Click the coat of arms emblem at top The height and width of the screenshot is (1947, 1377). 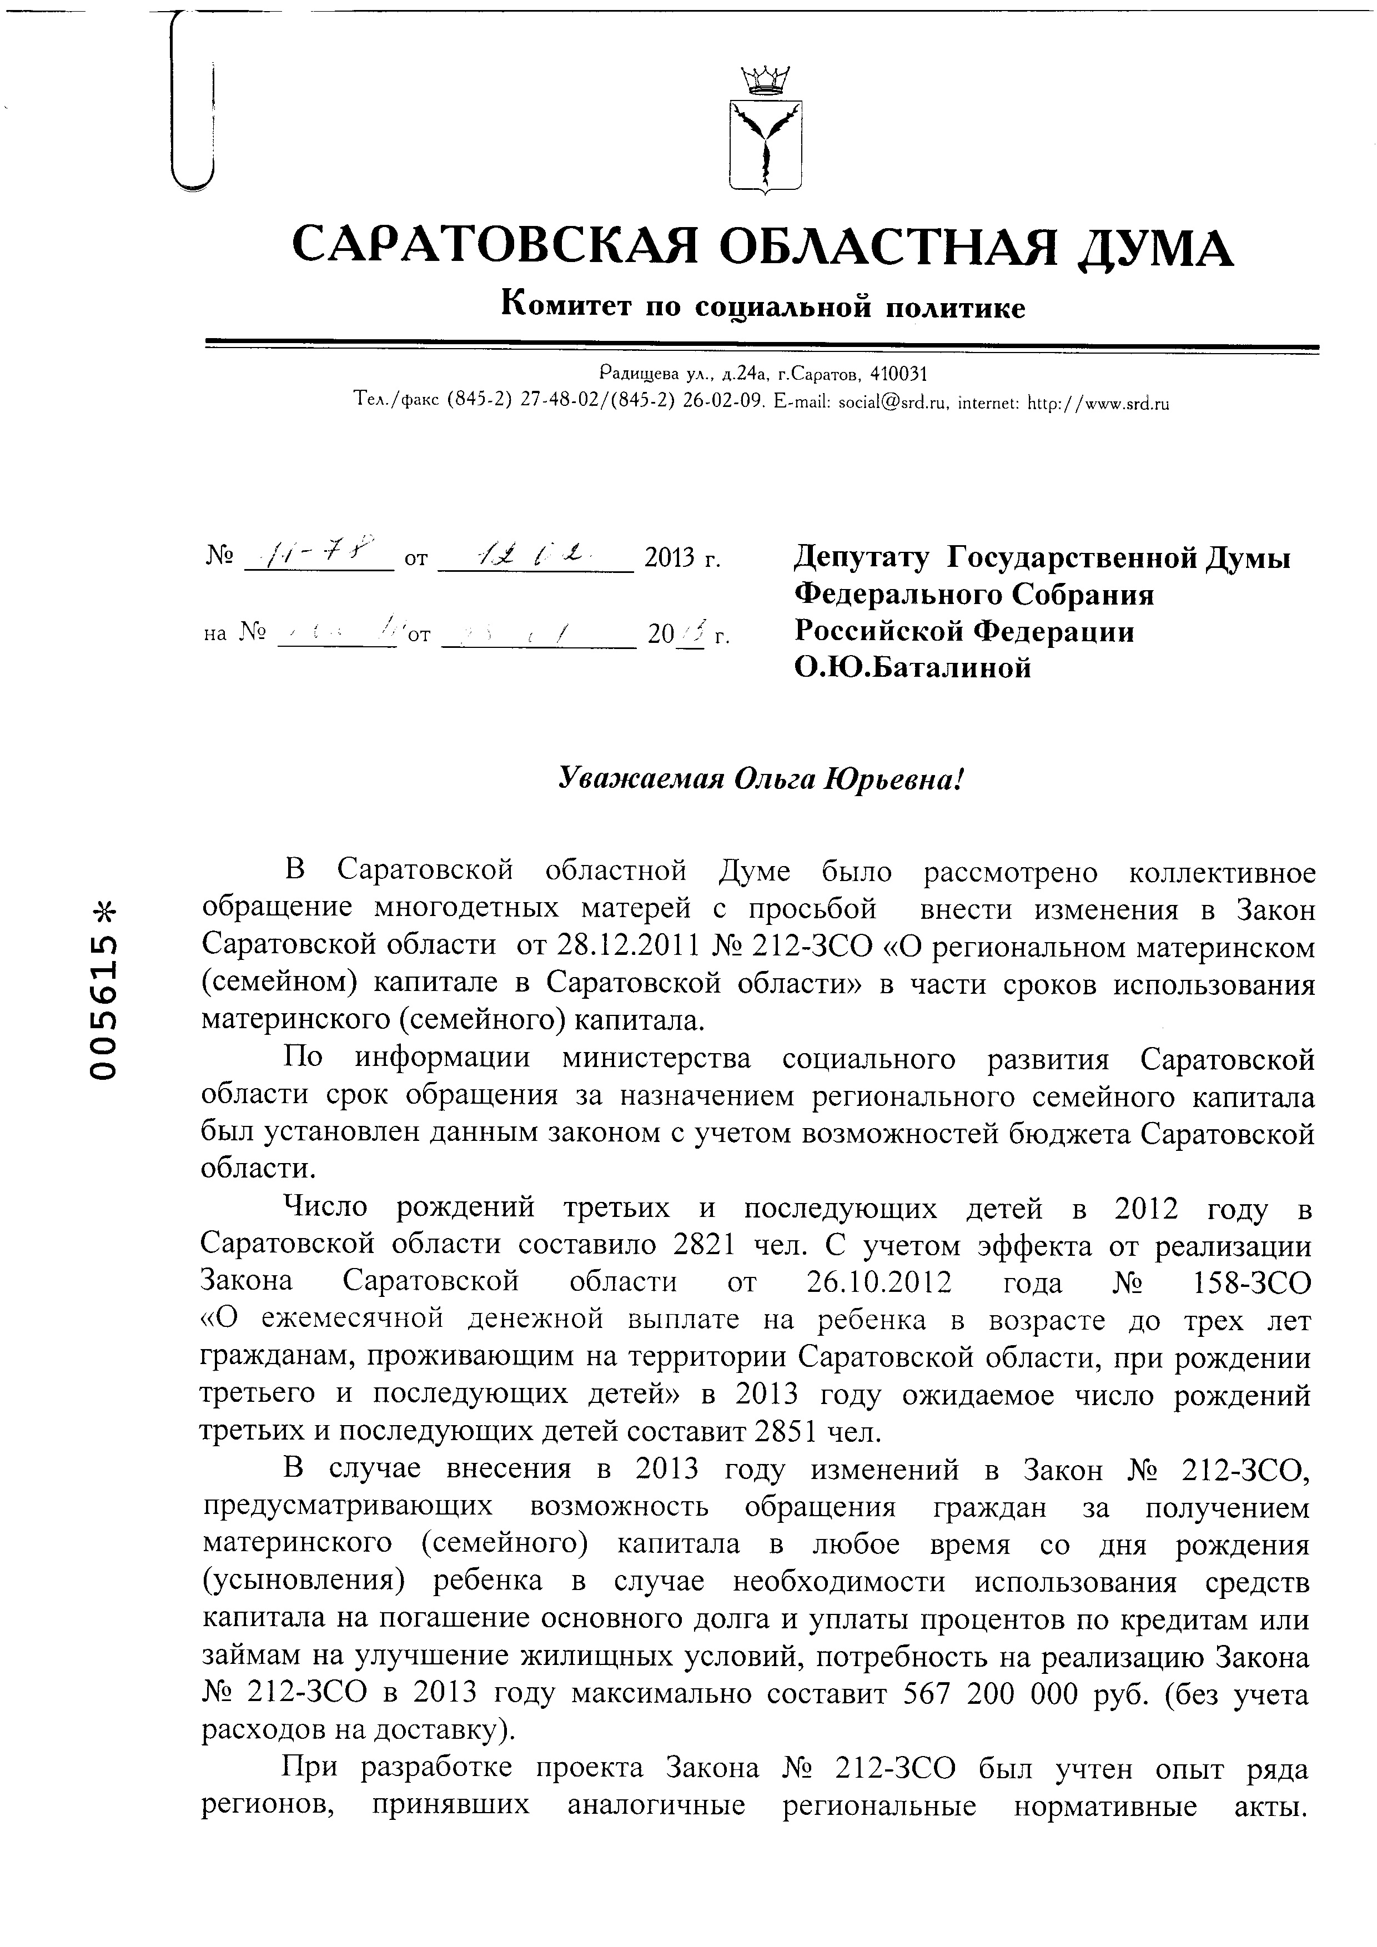point(766,146)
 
